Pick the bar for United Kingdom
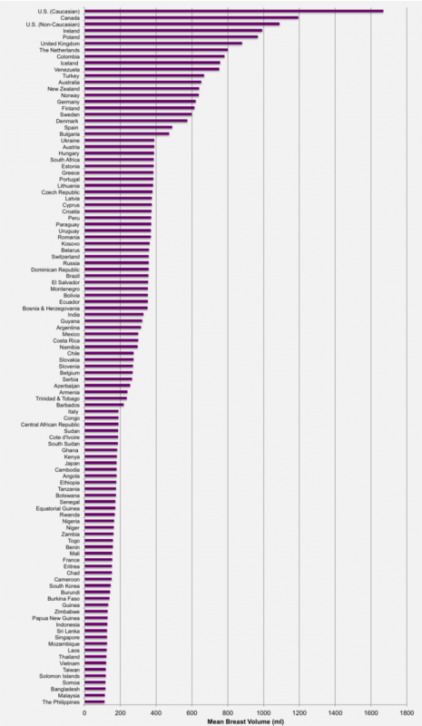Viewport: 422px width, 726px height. (x=163, y=43)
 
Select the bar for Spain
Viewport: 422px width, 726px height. (x=128, y=127)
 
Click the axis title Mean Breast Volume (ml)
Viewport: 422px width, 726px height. (x=246, y=721)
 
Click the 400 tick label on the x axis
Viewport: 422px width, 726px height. (x=156, y=712)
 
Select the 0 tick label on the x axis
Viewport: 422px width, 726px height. (x=84, y=712)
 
